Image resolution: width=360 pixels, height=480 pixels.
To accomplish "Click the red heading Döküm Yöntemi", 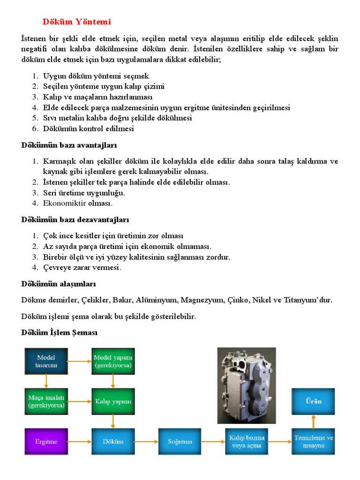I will pyautogui.click(x=77, y=22).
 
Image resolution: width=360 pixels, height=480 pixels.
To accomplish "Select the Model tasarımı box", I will pyautogui.click(x=46, y=361).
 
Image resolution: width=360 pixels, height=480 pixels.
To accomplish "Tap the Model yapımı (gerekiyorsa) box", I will pyautogui.click(x=113, y=361).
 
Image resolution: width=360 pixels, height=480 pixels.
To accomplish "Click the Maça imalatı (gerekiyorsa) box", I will pyautogui.click(x=46, y=401).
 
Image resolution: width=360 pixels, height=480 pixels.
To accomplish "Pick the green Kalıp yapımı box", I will pyautogui.click(x=113, y=401).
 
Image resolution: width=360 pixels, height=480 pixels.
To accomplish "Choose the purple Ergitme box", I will pyautogui.click(x=46, y=442).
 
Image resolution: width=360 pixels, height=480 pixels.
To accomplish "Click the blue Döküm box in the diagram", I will pyautogui.click(x=113, y=442).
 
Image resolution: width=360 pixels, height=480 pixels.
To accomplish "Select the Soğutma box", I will pyautogui.click(x=180, y=442).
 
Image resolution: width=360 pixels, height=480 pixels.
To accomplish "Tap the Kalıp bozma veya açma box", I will pyautogui.click(x=247, y=442).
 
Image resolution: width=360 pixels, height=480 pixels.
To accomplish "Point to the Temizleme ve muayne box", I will pyautogui.click(x=314, y=442).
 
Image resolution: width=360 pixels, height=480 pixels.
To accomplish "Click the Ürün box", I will pyautogui.click(x=314, y=401).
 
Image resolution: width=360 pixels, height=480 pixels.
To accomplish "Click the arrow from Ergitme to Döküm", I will pyautogui.click(x=79, y=442).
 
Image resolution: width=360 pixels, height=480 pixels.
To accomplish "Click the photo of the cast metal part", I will pyautogui.click(x=247, y=385).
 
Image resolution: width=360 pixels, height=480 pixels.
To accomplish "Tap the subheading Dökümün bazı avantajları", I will pyautogui.click(x=69, y=145).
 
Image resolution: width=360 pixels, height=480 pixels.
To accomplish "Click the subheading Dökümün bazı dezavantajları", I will pyautogui.click(x=75, y=219).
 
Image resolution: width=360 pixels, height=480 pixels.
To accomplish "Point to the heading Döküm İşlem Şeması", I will pyautogui.click(x=59, y=333).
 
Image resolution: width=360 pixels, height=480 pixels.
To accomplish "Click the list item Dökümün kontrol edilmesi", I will pyautogui.click(x=88, y=128).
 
